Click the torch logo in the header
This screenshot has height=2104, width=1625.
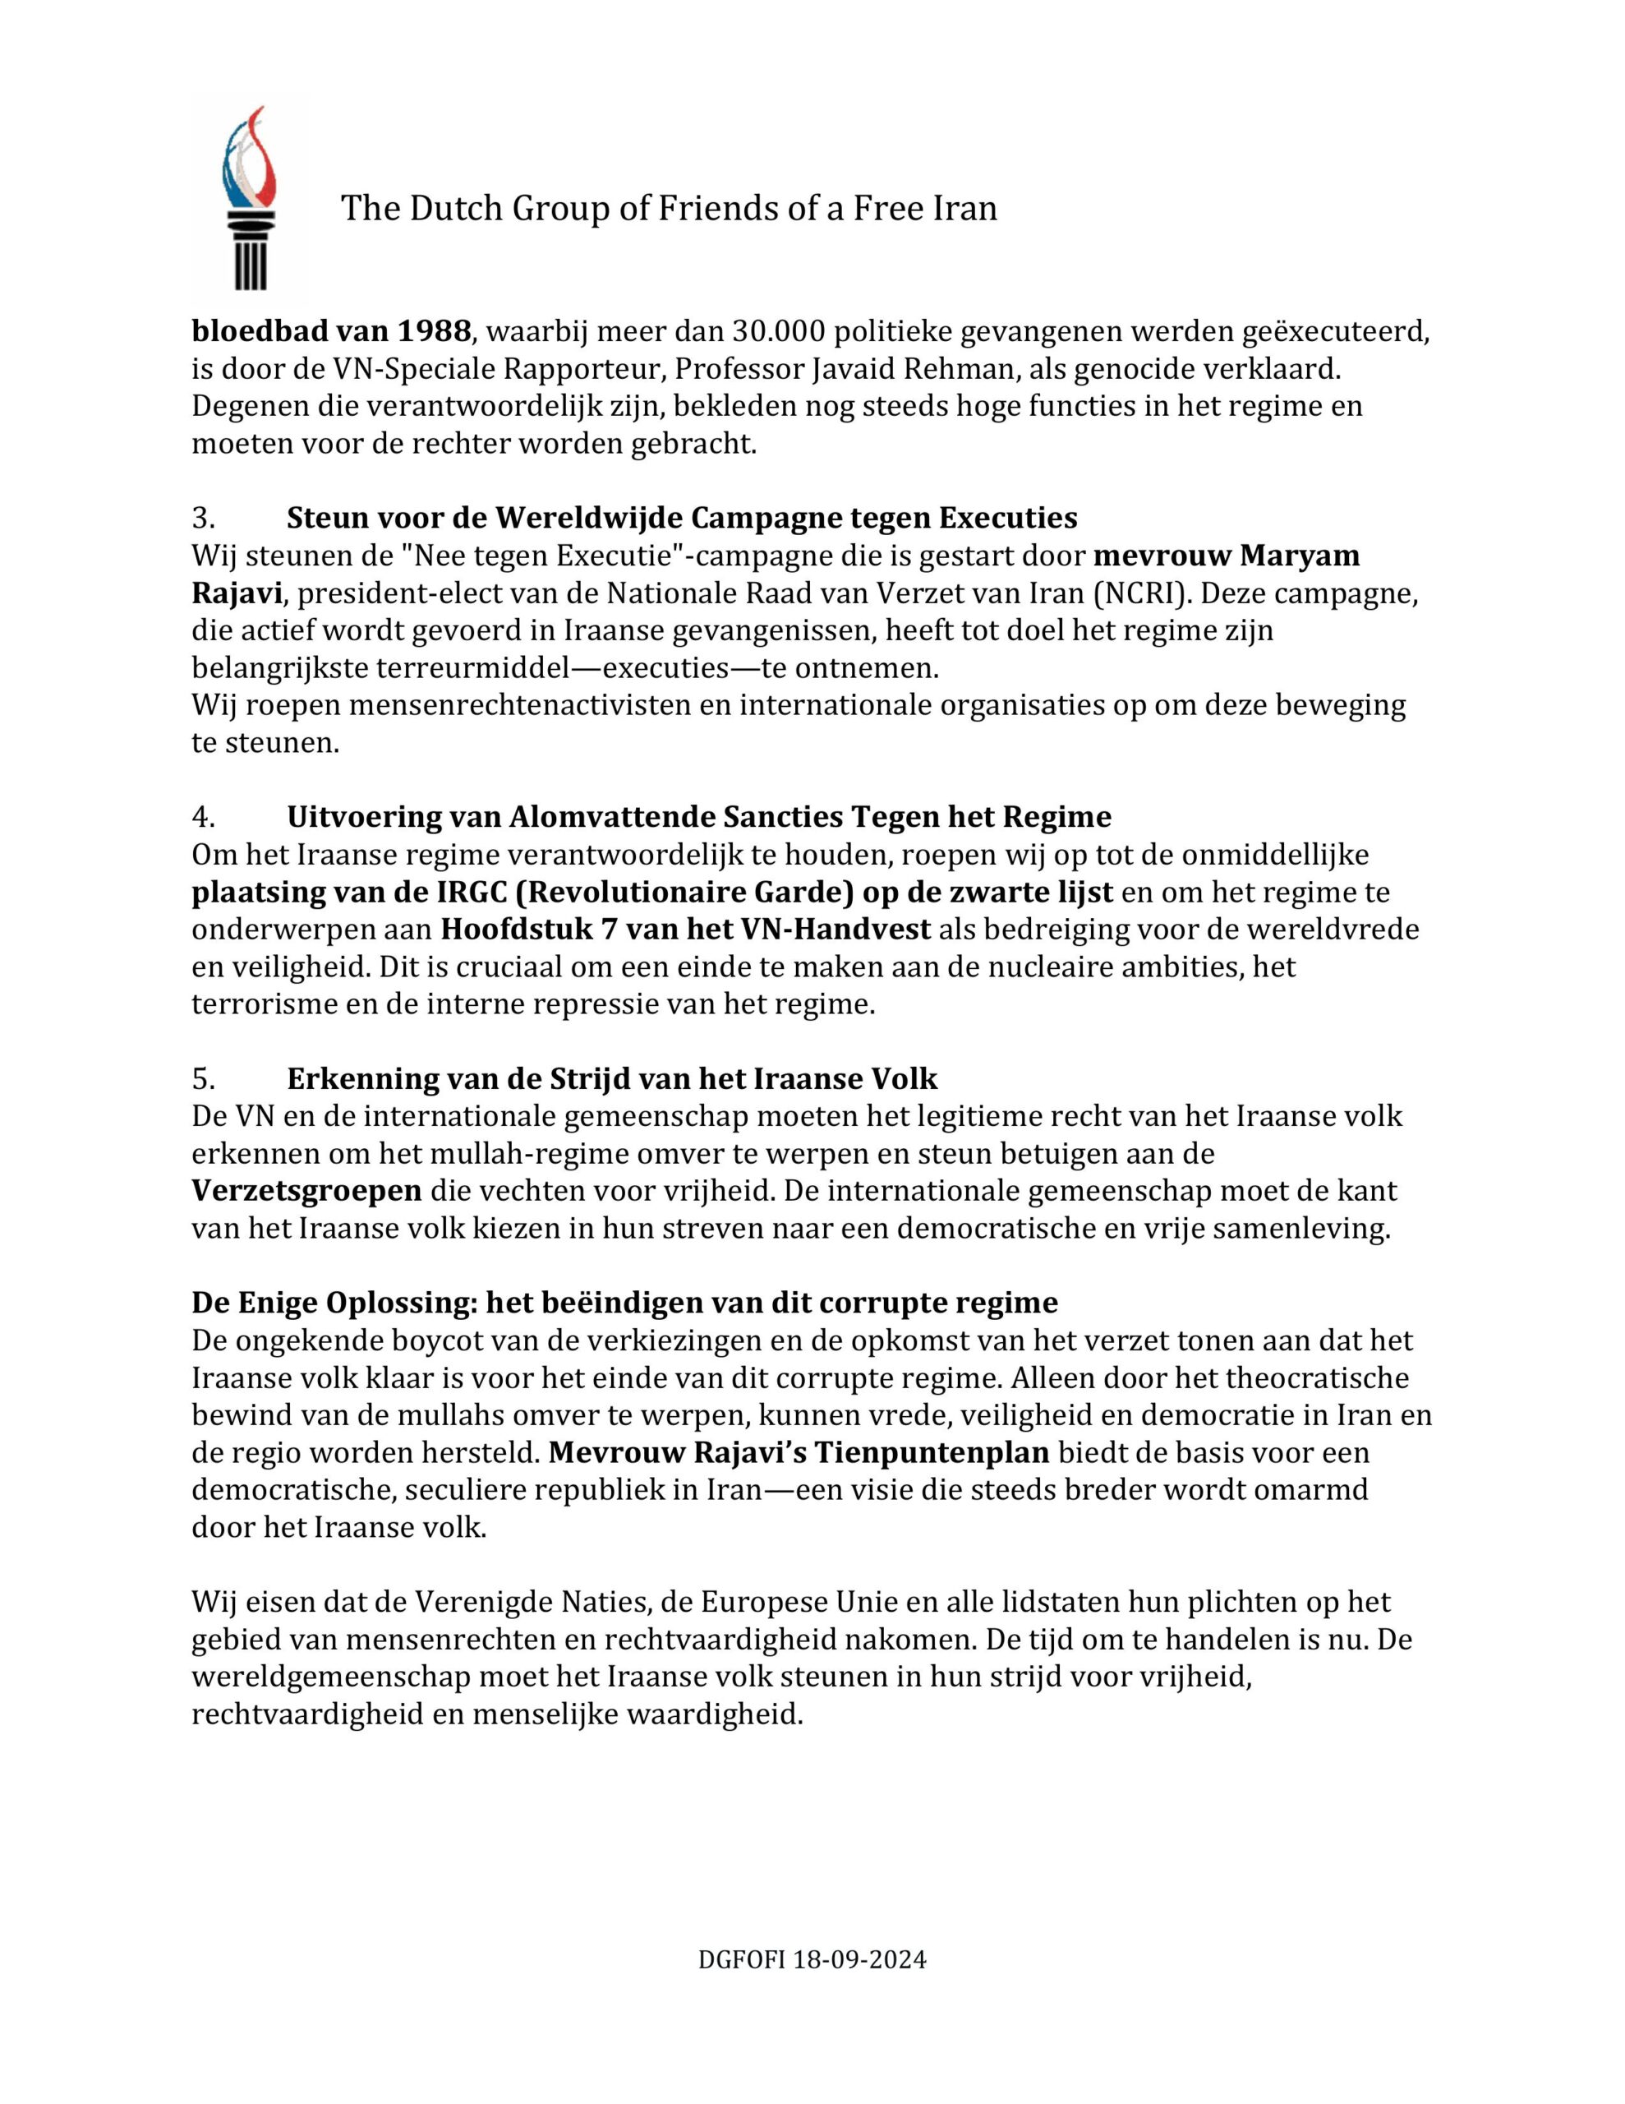pyautogui.click(x=249, y=200)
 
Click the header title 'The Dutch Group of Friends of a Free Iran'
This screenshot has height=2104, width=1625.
pyautogui.click(x=669, y=208)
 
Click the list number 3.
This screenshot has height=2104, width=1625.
pyautogui.click(x=202, y=519)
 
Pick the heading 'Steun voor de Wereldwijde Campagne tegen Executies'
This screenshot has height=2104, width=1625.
pyautogui.click(x=681, y=519)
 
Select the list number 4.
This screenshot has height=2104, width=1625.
pyautogui.click(x=202, y=817)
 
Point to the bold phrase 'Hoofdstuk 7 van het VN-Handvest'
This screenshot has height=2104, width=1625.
pyautogui.click(x=686, y=930)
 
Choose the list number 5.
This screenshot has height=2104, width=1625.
pyautogui.click(x=202, y=1078)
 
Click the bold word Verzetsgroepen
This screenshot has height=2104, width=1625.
pyautogui.click(x=306, y=1192)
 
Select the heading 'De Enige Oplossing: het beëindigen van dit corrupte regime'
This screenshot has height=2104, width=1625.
pyautogui.click(x=624, y=1303)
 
